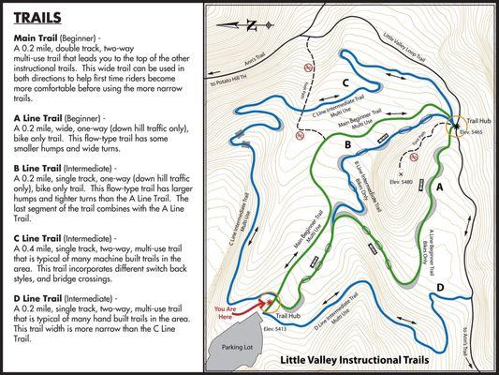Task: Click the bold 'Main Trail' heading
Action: click(34, 37)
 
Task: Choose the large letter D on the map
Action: click(440, 286)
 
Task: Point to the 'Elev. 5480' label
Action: click(409, 184)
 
